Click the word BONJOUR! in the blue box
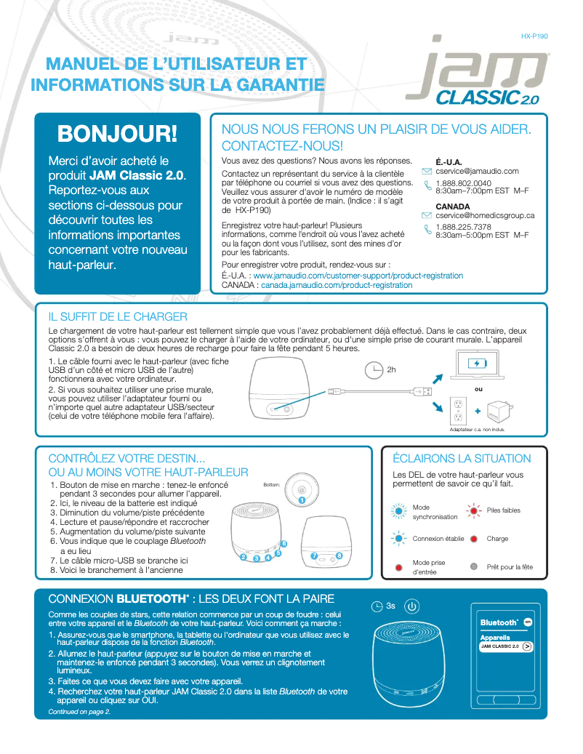tap(117, 134)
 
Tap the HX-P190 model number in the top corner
tap(534, 36)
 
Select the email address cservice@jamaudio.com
tap(477, 171)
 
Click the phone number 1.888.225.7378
tap(463, 227)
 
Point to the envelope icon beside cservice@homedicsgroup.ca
tap(427, 216)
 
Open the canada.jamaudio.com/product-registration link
tap(337, 286)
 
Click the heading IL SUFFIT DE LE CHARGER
tap(118, 317)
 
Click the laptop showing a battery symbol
tap(477, 364)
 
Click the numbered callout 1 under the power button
tap(301, 501)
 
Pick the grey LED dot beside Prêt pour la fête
tap(473, 566)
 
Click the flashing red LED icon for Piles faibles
tap(473, 510)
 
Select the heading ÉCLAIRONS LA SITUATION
tap(462, 459)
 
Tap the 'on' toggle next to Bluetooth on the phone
tap(528, 622)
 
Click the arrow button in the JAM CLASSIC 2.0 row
tap(527, 646)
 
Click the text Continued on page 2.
tap(79, 712)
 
